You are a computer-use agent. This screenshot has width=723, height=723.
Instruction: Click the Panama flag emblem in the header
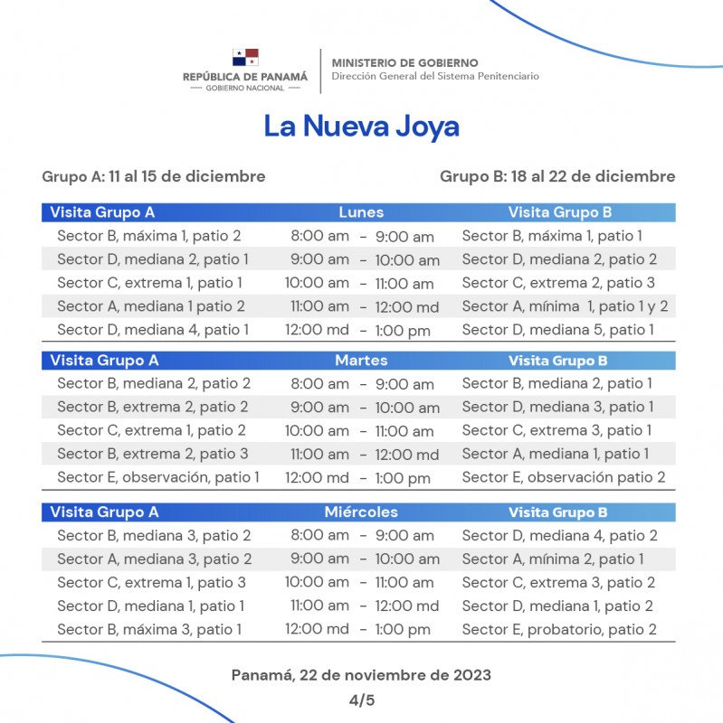pos(245,57)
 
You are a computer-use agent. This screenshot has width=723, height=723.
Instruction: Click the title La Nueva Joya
pos(361,126)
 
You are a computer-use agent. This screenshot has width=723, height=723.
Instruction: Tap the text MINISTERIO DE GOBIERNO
pos(404,62)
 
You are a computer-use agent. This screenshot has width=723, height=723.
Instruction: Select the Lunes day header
pos(361,212)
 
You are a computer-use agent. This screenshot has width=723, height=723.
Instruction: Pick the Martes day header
pos(361,361)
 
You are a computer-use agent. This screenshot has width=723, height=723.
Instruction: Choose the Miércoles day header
pos(361,512)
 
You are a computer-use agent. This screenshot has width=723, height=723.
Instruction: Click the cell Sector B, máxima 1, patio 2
pos(149,237)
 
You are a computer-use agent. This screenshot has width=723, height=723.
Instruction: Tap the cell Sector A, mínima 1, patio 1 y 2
pos(565,307)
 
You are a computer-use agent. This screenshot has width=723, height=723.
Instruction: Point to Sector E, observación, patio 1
pos(158,478)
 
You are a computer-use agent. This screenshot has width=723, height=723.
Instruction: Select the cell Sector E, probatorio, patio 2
pos(559,630)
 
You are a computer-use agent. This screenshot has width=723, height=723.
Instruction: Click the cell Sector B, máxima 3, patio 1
pos(149,630)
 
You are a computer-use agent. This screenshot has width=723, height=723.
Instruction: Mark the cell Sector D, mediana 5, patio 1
pos(558,331)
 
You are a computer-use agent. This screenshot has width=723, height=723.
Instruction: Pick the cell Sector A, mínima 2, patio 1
pos(553,559)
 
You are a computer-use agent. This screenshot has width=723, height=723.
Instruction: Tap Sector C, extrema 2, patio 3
pos(558,284)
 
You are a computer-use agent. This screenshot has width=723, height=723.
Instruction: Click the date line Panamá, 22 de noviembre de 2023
pos(361,675)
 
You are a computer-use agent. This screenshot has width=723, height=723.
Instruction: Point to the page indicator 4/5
pos(361,700)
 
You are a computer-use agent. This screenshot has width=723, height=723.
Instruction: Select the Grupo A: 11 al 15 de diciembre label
pos(154,177)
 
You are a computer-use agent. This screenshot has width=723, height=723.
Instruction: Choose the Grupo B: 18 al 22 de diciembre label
pos(557,177)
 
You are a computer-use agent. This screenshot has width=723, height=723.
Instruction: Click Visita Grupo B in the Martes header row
pos(557,361)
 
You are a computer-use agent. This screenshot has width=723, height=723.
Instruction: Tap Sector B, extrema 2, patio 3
pos(153,455)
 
